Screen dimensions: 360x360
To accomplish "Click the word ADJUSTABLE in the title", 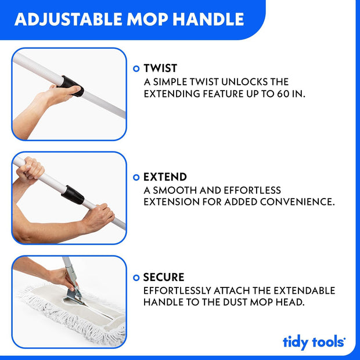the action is click(69, 19).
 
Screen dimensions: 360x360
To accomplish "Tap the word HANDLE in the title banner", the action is click(208, 19).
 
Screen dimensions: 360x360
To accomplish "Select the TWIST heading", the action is click(160, 68).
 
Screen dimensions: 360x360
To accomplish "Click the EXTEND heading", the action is click(165, 177).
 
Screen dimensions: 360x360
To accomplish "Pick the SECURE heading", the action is click(164, 277).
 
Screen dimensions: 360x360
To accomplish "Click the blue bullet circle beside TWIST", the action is click(136, 69).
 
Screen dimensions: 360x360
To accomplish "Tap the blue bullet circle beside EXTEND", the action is click(136, 177).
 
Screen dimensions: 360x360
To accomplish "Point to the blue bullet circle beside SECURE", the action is click(136, 278).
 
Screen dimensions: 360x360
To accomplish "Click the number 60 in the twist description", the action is click(283, 93).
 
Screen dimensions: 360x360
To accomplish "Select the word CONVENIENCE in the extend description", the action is click(297, 202).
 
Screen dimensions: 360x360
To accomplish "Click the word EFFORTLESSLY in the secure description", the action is click(177, 290).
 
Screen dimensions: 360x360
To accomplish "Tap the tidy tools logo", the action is click(314, 342).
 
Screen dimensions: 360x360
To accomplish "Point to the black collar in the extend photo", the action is click(73, 195).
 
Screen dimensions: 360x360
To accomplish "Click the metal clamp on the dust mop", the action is click(74, 295).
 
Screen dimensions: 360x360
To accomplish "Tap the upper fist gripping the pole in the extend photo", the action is click(30, 168).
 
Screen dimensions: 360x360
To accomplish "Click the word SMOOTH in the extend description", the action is click(175, 190).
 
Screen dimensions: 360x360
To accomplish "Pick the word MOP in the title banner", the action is click(147, 19).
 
